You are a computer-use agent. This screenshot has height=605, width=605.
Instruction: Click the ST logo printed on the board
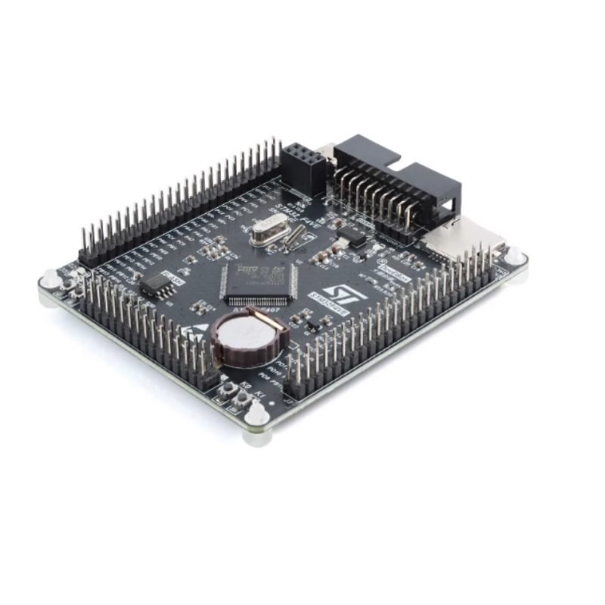(336, 292)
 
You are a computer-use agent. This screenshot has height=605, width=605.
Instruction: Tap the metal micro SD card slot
(463, 237)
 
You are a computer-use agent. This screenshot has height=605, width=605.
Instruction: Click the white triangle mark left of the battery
(202, 330)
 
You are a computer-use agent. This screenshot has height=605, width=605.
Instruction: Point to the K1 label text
(259, 395)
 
